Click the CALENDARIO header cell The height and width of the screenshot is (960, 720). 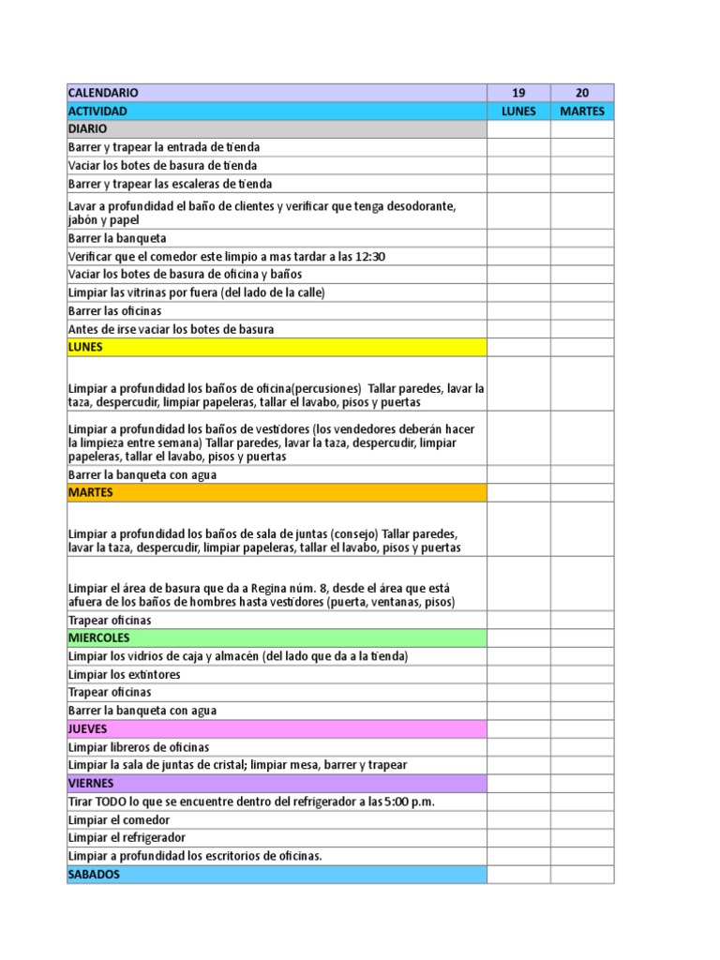[103, 93]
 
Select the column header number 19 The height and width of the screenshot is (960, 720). [518, 93]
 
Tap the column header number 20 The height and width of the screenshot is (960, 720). [582, 93]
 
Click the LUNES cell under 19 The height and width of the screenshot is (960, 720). [518, 111]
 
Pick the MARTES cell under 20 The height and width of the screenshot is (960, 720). [582, 111]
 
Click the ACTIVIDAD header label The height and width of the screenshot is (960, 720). [97, 111]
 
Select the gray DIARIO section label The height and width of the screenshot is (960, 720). [88, 128]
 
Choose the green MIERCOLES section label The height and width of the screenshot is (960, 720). [98, 637]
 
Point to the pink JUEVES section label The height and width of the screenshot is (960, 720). [88, 728]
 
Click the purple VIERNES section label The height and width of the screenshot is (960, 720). [91, 783]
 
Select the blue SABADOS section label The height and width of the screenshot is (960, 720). [94, 874]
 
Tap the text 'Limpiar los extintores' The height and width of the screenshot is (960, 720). [125, 674]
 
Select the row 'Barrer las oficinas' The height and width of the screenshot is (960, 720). [115, 310]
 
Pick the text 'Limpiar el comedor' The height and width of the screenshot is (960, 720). [119, 819]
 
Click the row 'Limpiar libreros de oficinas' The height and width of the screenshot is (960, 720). [139, 747]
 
